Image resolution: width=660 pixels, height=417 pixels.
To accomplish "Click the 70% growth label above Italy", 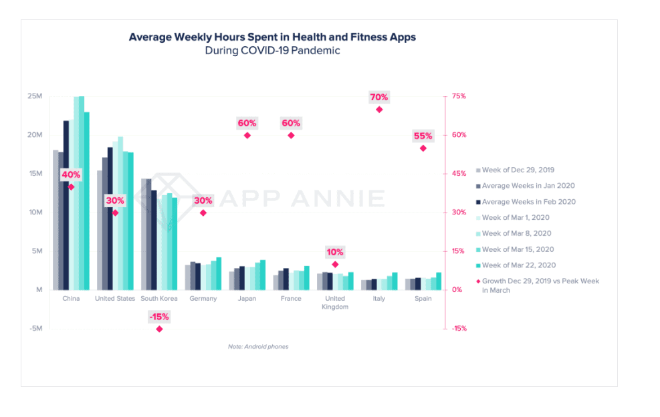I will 378,98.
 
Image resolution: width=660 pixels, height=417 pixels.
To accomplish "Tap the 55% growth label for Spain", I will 423,136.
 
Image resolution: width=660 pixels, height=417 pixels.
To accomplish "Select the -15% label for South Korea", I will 159,317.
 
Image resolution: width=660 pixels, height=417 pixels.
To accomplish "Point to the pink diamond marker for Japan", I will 247,135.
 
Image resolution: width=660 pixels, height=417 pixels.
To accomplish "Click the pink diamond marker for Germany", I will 203,213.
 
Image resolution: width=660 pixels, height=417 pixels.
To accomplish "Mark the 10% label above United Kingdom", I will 335,252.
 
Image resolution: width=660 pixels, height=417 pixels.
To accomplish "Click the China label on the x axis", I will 71,299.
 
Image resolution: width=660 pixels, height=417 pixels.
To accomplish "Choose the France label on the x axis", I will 291,299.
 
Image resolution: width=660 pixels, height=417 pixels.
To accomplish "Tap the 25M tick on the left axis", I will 35,96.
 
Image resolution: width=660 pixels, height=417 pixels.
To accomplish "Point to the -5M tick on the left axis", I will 35,329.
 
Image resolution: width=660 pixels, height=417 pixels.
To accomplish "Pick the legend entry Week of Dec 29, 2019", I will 518,170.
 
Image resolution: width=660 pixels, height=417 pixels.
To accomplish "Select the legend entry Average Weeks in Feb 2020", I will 528,202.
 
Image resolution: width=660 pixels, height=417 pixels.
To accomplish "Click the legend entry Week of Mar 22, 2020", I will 518,265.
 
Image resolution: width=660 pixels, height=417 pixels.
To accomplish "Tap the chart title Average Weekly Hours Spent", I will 272,37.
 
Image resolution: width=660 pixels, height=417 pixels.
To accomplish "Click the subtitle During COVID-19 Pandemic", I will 272,51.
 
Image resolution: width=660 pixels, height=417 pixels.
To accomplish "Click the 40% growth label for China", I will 71,175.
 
